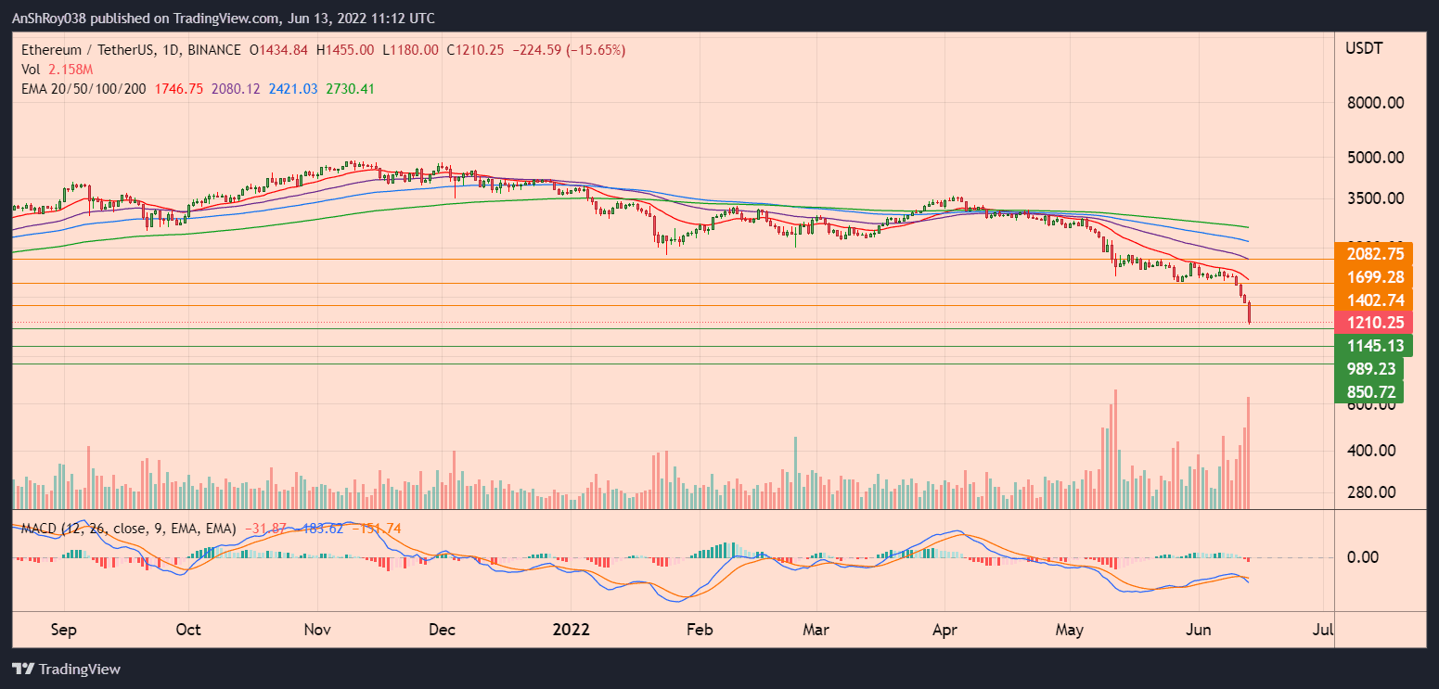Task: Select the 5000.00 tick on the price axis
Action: coord(1374,158)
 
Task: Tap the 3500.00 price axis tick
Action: coord(1374,198)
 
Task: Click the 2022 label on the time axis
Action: coord(572,629)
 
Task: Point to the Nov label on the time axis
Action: coord(317,629)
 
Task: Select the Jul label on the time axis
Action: coord(1324,629)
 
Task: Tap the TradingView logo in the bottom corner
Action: coord(66,669)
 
